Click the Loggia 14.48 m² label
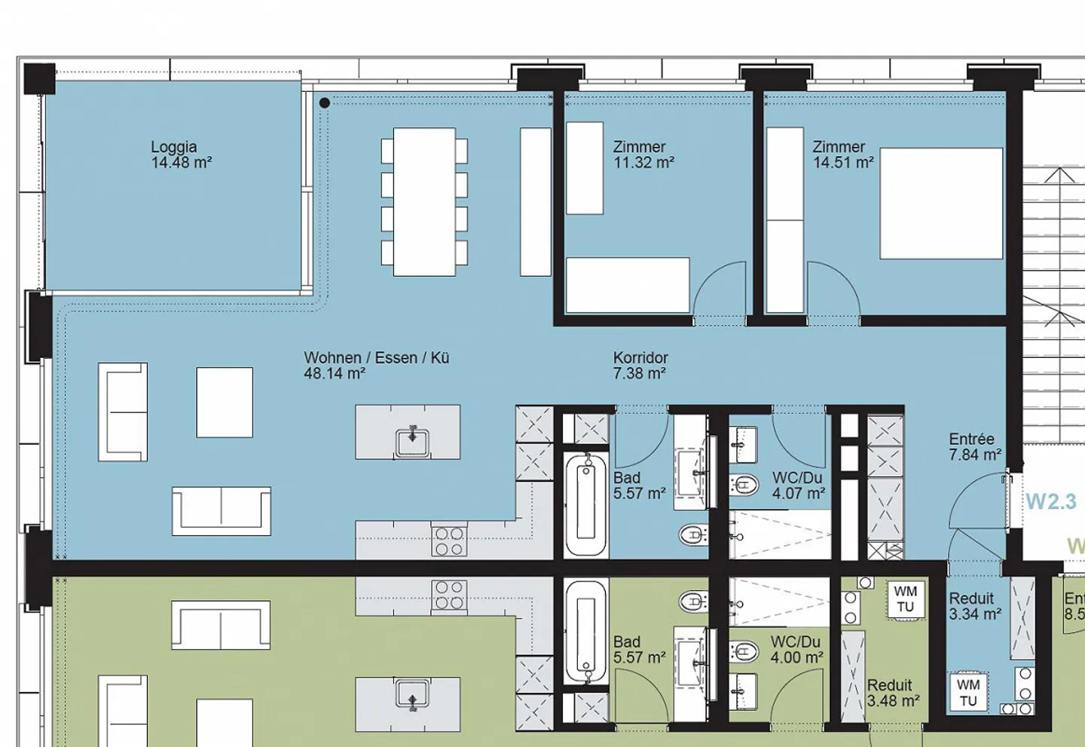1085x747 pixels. tap(181, 155)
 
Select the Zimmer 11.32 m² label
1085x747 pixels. tap(643, 155)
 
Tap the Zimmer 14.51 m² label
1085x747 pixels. tap(842, 155)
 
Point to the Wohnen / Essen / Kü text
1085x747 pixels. tap(376, 358)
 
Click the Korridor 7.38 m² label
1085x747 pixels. tap(640, 366)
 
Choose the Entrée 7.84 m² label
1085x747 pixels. tap(974, 447)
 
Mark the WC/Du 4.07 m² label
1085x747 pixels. tap(798, 485)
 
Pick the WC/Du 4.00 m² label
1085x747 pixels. tap(796, 649)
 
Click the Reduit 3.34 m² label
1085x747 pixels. tap(974, 606)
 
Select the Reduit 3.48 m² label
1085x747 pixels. tap(892, 693)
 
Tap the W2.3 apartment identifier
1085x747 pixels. tap(1050, 501)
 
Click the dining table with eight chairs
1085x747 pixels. tap(424, 201)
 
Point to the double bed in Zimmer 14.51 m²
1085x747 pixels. tap(941, 204)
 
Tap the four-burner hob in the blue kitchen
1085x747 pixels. tap(449, 541)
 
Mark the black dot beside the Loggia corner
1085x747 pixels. tap(324, 103)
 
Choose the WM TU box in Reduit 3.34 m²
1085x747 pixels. tap(968, 692)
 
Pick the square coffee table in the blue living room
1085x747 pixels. tap(225, 402)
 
